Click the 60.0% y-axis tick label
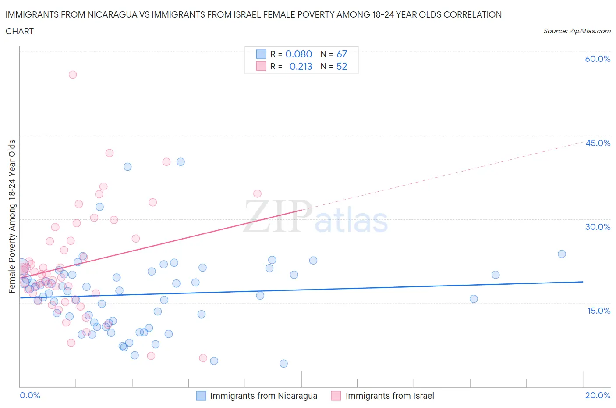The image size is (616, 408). (x=598, y=59)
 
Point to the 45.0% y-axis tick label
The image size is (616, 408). (x=598, y=143)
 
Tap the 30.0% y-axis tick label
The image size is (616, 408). (x=598, y=227)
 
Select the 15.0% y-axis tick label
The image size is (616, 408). (x=598, y=311)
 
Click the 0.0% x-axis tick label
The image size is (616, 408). (x=30, y=395)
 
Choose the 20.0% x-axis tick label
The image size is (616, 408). (x=598, y=395)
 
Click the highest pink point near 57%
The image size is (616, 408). (x=73, y=75)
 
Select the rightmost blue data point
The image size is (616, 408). (x=562, y=254)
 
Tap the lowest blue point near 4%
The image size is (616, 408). (x=283, y=363)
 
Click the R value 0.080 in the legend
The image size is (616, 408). (x=298, y=54)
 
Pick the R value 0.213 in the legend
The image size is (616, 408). (x=301, y=66)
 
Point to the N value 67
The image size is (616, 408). (x=341, y=54)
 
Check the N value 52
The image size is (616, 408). (x=341, y=66)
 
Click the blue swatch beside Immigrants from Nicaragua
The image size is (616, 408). (x=201, y=396)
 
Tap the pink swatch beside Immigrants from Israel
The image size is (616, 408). (x=336, y=396)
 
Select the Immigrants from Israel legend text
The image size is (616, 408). (x=389, y=396)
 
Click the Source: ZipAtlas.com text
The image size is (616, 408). (x=577, y=31)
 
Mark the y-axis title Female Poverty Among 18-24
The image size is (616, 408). (x=12, y=216)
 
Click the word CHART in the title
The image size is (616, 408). (x=20, y=31)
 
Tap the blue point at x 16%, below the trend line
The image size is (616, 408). (x=474, y=299)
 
